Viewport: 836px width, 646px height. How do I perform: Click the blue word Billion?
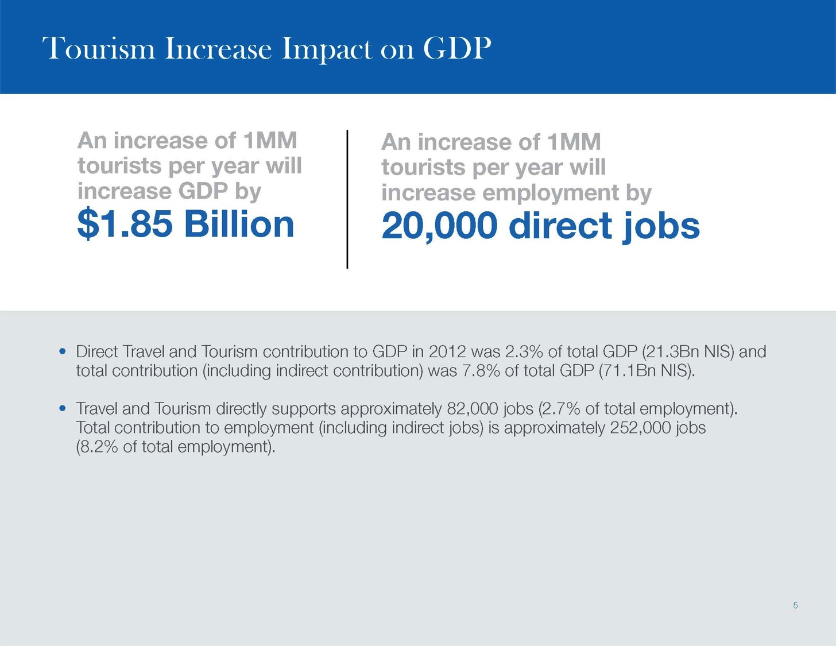tap(239, 225)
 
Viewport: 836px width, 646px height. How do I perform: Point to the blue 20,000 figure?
tap(440, 227)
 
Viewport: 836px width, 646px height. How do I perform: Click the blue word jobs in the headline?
tap(661, 228)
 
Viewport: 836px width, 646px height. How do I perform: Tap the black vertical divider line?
tap(347, 199)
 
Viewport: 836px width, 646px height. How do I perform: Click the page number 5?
tap(795, 605)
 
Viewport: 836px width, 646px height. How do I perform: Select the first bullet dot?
tap(63, 351)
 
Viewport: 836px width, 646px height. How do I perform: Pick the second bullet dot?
tap(63, 408)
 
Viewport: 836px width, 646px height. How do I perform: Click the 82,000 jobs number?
tap(473, 409)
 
